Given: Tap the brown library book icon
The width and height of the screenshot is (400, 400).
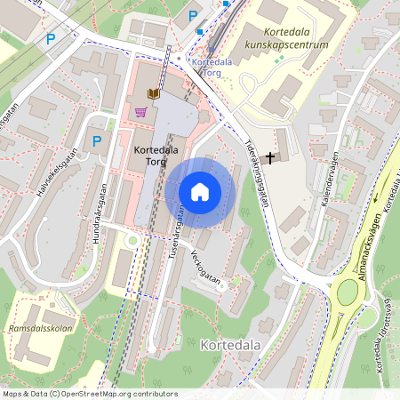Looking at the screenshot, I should point(153,93).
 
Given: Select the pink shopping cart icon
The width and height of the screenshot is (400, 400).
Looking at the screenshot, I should point(140,112).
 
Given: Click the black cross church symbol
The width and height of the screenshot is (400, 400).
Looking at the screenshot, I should point(269,156).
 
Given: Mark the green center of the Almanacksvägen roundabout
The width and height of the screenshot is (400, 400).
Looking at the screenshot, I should point(348,292).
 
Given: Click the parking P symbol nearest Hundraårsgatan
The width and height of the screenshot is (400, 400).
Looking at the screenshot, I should point(97,140).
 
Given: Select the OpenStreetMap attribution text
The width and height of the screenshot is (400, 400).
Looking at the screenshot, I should point(90,394).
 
